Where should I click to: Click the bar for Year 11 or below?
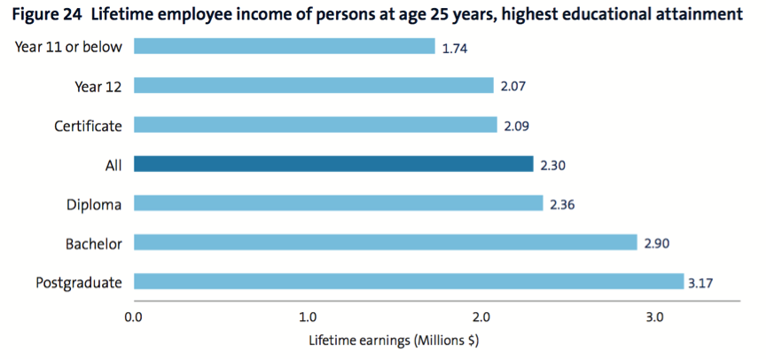pos(284,46)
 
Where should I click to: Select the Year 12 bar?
pos(313,86)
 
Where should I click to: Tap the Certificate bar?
pos(315,125)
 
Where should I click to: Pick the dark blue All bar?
pos(333,164)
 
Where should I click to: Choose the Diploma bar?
pos(338,203)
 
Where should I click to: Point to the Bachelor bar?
pos(385,242)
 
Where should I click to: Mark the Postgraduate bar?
pos(408,282)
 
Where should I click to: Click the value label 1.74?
pos(454,48)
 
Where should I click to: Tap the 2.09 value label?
pos(516,126)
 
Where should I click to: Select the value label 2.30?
pos(552,165)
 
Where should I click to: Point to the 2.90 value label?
pos(656,243)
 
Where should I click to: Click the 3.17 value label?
pos(701,284)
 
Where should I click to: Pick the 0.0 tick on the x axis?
pos(134,317)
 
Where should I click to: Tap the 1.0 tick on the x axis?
pos(308,317)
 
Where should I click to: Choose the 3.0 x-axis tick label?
pos(654,317)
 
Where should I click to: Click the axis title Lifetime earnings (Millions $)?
pos(394,340)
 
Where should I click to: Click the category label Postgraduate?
pos(79,283)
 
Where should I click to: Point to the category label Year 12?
pos(98,86)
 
